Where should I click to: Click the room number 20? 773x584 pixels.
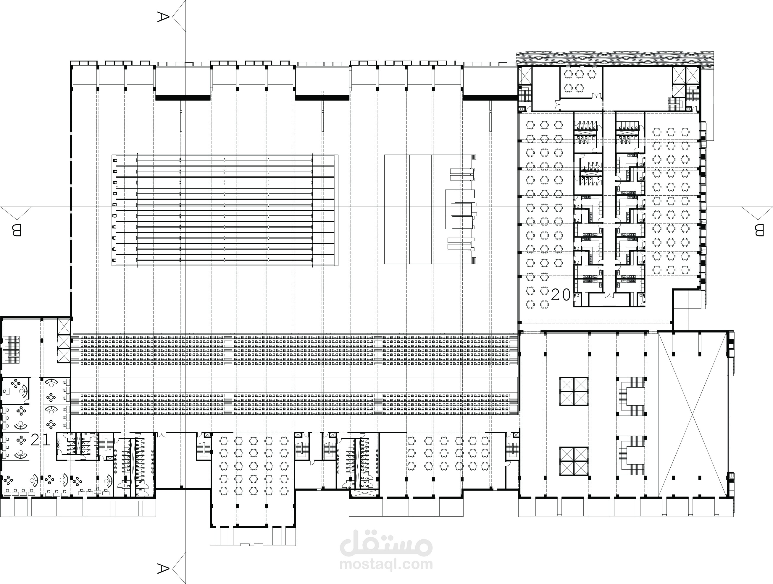[x=561, y=295]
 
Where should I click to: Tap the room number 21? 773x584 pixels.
[x=41, y=440]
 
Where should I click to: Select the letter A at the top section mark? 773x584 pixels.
[x=163, y=17]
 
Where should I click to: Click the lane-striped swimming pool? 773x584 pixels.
[x=225, y=210]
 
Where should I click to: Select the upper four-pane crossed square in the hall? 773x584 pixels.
[x=574, y=391]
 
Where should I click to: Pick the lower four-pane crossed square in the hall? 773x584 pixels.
[x=574, y=461]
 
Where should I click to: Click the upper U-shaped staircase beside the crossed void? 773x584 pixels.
[x=631, y=397]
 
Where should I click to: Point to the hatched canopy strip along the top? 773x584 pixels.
[x=615, y=58]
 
